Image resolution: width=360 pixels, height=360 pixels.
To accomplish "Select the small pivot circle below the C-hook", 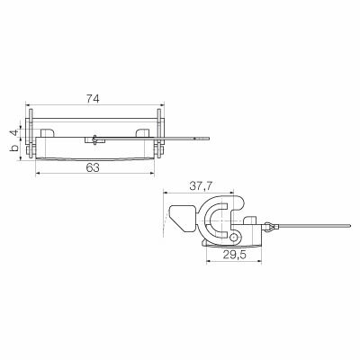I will point(236,237).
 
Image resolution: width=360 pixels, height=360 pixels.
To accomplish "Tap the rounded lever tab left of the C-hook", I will point(181,216).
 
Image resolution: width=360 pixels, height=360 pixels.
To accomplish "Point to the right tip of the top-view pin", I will point(211,138).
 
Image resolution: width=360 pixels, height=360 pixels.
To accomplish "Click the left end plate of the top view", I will point(31,137).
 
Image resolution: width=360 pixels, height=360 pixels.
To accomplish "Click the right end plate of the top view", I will point(160,137).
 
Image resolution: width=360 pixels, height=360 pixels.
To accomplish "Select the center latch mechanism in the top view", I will point(94,139).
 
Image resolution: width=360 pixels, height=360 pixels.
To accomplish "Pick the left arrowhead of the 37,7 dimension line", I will point(166,193).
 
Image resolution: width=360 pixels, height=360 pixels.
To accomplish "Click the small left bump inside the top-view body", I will point(47,132).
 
